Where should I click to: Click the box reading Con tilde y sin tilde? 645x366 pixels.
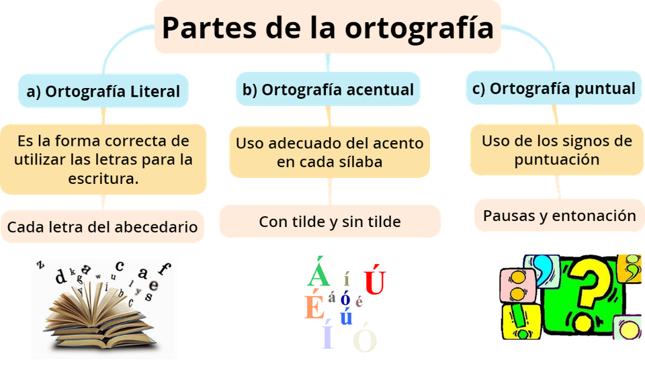(329, 222)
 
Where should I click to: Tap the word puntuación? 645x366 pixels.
(557, 160)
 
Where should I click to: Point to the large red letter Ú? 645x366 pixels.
(374, 281)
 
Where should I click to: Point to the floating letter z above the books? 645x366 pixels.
(41, 265)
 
